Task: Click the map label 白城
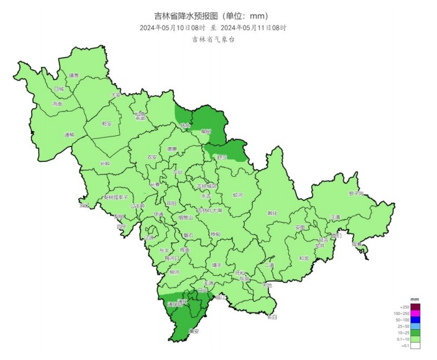coord(58,89)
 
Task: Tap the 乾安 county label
coord(107,124)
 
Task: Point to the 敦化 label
coord(272,214)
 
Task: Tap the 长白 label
coord(272,317)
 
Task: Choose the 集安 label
coord(193,331)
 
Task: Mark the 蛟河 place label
coord(238,195)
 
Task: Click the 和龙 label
coord(304,258)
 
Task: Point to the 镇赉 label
coord(74,75)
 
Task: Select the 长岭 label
coord(105,163)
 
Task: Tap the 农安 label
coord(152,157)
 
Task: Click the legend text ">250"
coord(405,306)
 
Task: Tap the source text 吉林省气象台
coord(213,40)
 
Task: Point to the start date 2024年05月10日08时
coord(173,28)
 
